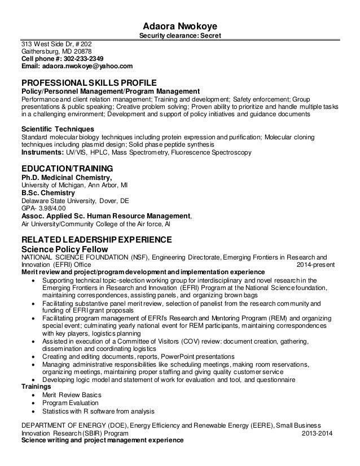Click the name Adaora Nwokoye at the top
click(x=180, y=27)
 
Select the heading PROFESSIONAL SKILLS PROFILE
click(x=89, y=82)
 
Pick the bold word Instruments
click(x=42, y=152)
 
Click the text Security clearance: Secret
click(x=180, y=37)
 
